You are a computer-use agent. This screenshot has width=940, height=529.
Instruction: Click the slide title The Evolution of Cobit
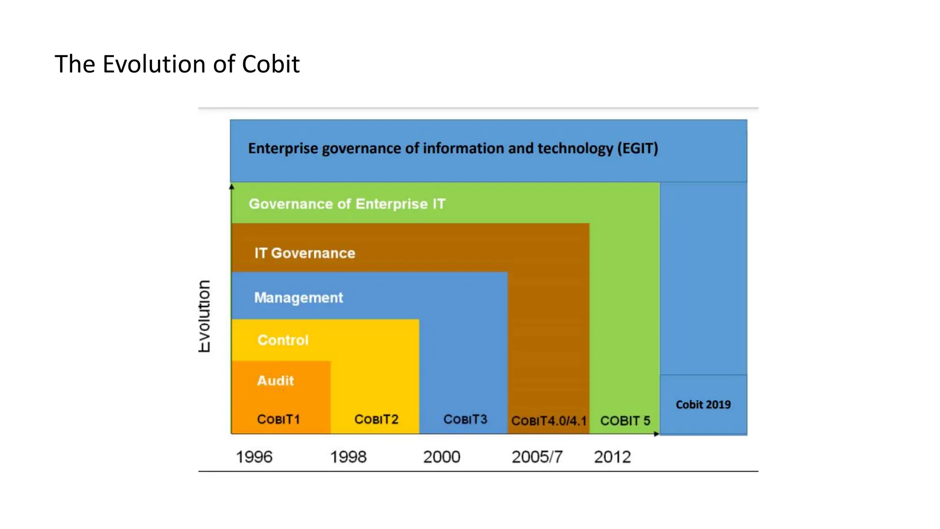coord(177,64)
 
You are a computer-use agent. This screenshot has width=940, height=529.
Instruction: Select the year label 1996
coord(254,457)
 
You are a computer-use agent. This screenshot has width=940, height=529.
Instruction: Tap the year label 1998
coord(348,457)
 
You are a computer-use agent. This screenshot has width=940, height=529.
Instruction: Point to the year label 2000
coord(442,457)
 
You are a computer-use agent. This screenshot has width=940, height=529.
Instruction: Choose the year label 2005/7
coord(537,457)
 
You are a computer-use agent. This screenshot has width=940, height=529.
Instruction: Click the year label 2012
coord(612,457)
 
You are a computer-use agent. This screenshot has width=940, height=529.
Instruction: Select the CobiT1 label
coord(279,419)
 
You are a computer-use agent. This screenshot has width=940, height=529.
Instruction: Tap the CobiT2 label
coord(376,419)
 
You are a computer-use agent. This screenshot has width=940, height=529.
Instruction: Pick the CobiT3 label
coord(465,419)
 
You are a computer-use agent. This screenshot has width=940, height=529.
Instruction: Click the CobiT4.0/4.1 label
coord(549,421)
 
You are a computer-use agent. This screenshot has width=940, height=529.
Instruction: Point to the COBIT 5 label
coord(625,421)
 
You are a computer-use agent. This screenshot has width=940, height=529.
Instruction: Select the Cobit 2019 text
coord(703,405)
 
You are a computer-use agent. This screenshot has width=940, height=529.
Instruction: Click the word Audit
coord(275,381)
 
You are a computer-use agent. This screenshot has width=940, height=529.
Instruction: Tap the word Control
coord(283,340)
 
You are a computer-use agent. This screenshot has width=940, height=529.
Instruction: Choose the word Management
coord(299,298)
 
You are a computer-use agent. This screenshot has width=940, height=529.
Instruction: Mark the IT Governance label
coord(305,253)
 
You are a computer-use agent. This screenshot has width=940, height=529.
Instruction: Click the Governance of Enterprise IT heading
coord(347,204)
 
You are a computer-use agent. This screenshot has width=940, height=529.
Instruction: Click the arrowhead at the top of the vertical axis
coord(232,186)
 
